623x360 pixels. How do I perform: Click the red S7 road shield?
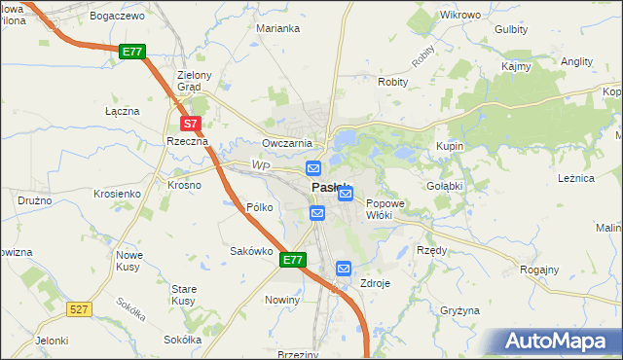[192, 124]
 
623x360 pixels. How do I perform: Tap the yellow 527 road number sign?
[80, 308]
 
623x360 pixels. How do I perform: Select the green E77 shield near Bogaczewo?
[133, 52]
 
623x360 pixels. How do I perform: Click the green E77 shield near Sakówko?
[294, 260]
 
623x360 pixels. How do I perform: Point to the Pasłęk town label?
[329, 188]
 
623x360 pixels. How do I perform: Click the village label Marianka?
[277, 28]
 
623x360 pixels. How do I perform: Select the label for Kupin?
[450, 146]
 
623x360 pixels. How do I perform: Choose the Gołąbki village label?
[444, 185]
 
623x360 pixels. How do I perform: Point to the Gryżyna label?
[460, 310]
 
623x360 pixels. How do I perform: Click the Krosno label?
[184, 185]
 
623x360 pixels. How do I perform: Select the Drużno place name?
[34, 199]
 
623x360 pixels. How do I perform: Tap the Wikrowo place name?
[460, 16]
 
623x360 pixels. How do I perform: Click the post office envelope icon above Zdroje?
[344, 268]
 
